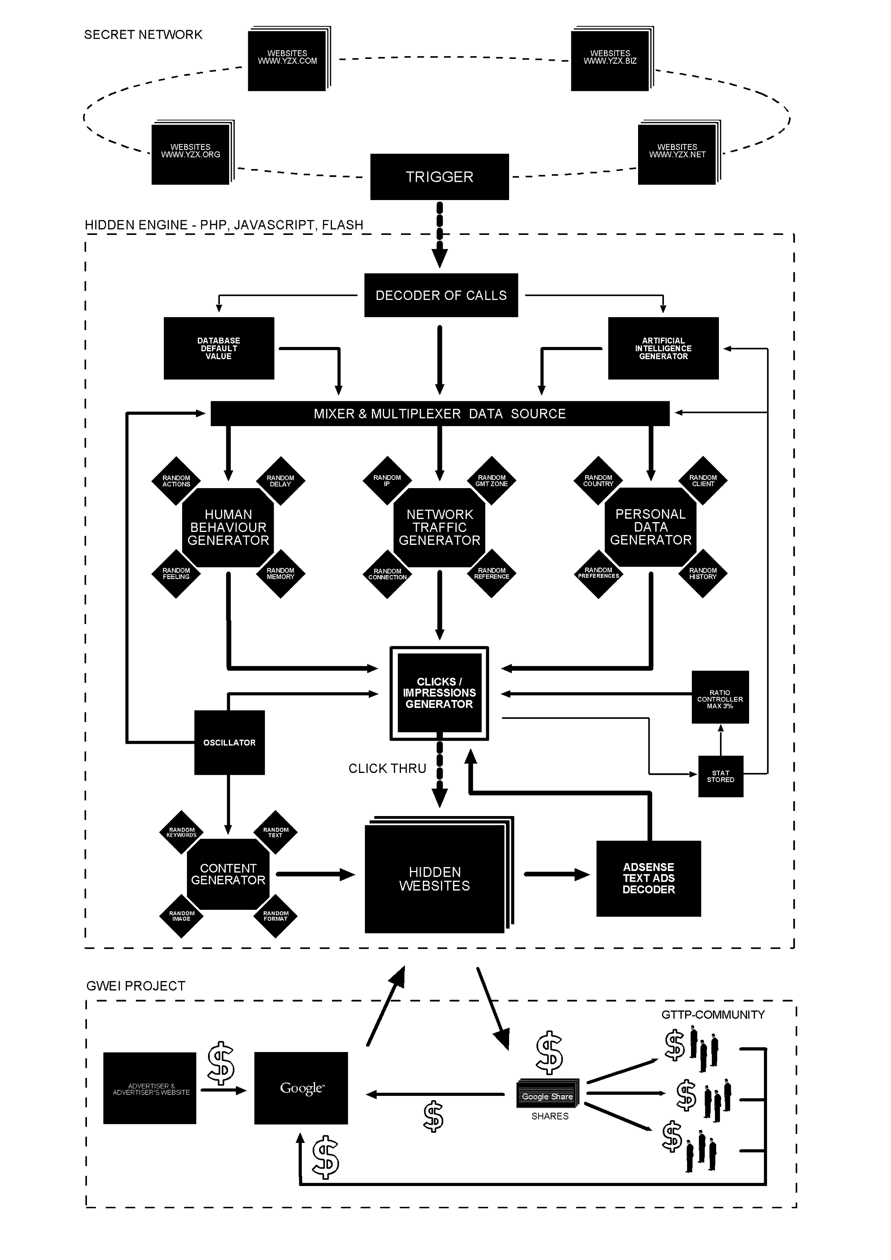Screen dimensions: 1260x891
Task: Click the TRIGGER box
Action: (439, 177)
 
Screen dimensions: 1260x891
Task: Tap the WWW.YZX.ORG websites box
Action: (190, 154)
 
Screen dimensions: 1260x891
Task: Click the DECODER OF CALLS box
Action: (441, 295)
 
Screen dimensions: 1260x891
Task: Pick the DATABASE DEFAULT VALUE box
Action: (218, 348)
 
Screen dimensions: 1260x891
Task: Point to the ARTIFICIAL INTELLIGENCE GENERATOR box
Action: (663, 348)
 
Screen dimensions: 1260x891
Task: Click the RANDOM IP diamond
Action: (387, 480)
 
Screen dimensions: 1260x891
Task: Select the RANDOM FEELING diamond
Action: (176, 574)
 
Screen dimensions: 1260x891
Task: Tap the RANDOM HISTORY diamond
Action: (703, 574)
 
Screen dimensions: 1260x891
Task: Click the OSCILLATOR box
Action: (230, 742)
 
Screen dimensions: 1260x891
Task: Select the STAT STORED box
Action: (720, 776)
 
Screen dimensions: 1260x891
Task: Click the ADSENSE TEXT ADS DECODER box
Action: (648, 878)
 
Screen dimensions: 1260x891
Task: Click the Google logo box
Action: (301, 1088)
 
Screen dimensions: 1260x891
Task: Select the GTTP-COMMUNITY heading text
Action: (712, 1015)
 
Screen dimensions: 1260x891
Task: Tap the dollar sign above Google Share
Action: (549, 1052)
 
